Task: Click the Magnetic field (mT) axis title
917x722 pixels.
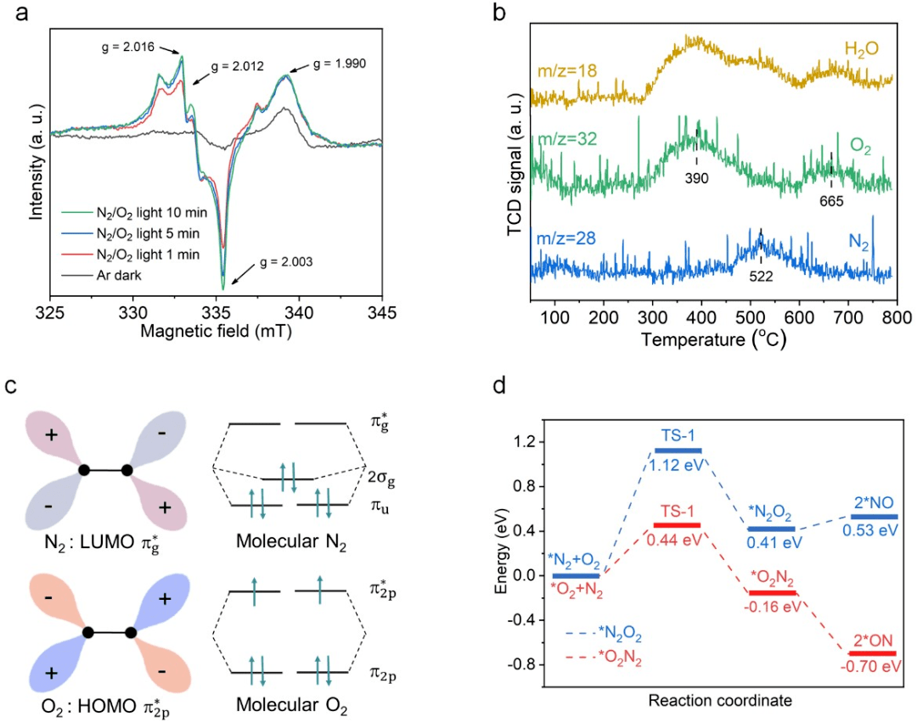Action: click(x=217, y=332)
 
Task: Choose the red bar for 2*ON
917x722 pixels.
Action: click(x=872, y=653)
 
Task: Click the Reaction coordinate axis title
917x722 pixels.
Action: click(x=721, y=701)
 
